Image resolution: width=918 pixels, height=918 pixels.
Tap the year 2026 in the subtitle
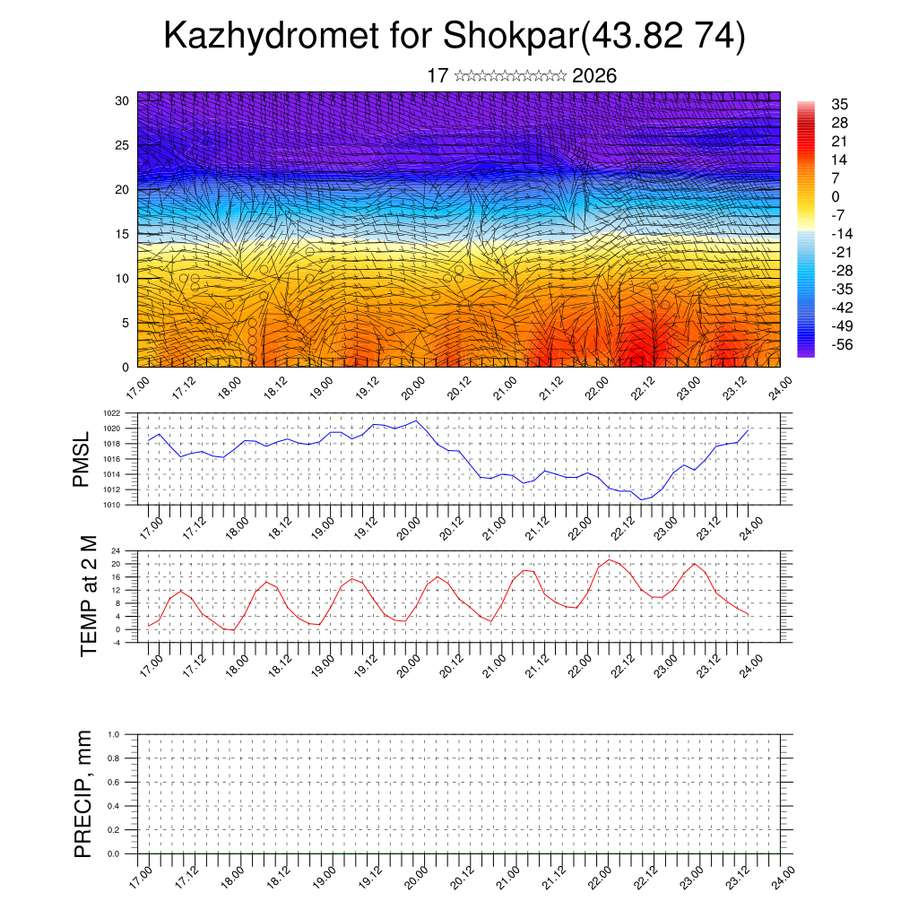(593, 75)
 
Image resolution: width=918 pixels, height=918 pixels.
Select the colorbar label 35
(840, 104)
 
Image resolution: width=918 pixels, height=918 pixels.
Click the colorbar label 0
(836, 196)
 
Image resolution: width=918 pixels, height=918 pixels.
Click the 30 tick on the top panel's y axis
(123, 100)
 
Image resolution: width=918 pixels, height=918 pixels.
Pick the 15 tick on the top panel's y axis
(123, 234)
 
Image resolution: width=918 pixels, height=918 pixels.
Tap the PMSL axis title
(82, 459)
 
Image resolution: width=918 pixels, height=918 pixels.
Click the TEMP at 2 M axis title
(88, 595)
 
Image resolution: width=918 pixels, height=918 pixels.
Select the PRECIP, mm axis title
(83, 793)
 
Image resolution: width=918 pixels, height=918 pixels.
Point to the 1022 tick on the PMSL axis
(111, 413)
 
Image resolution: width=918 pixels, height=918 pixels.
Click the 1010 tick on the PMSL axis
(111, 505)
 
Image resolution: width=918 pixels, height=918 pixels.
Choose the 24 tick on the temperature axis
(116, 550)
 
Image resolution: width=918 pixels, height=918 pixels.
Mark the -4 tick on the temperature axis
(116, 642)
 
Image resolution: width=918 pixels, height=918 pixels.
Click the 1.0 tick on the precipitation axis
(113, 734)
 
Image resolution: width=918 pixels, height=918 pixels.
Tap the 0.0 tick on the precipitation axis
(113, 854)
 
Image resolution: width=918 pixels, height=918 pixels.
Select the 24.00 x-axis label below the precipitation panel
(783, 877)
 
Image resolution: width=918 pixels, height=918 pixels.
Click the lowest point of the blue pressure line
(641, 499)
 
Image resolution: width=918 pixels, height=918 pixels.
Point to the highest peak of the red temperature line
(609, 559)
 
